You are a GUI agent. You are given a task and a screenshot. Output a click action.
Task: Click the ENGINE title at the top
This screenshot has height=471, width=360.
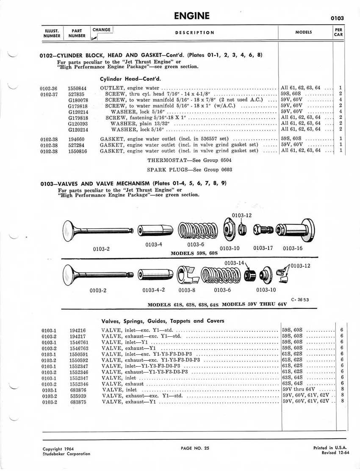tap(192, 16)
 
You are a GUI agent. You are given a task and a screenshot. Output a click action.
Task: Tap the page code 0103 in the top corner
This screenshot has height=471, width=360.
tap(337, 18)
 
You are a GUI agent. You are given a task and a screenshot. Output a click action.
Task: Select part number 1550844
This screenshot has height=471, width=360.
tap(77, 88)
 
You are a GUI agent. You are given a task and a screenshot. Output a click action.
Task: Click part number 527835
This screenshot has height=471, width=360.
tap(76, 94)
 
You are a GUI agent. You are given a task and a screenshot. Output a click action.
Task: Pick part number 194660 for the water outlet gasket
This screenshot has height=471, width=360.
tap(77, 139)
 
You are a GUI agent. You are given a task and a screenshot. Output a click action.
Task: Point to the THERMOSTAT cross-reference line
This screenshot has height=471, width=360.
tap(189, 161)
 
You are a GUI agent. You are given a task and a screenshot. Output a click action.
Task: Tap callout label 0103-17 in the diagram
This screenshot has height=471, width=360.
tap(263, 248)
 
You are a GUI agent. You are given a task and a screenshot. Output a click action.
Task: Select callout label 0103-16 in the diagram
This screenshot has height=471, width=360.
tap(293, 248)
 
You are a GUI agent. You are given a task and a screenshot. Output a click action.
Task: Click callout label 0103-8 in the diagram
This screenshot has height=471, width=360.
tap(187, 290)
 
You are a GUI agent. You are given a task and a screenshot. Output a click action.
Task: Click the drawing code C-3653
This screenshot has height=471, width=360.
tap(300, 299)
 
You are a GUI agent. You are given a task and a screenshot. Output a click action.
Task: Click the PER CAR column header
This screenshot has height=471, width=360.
tap(338, 32)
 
